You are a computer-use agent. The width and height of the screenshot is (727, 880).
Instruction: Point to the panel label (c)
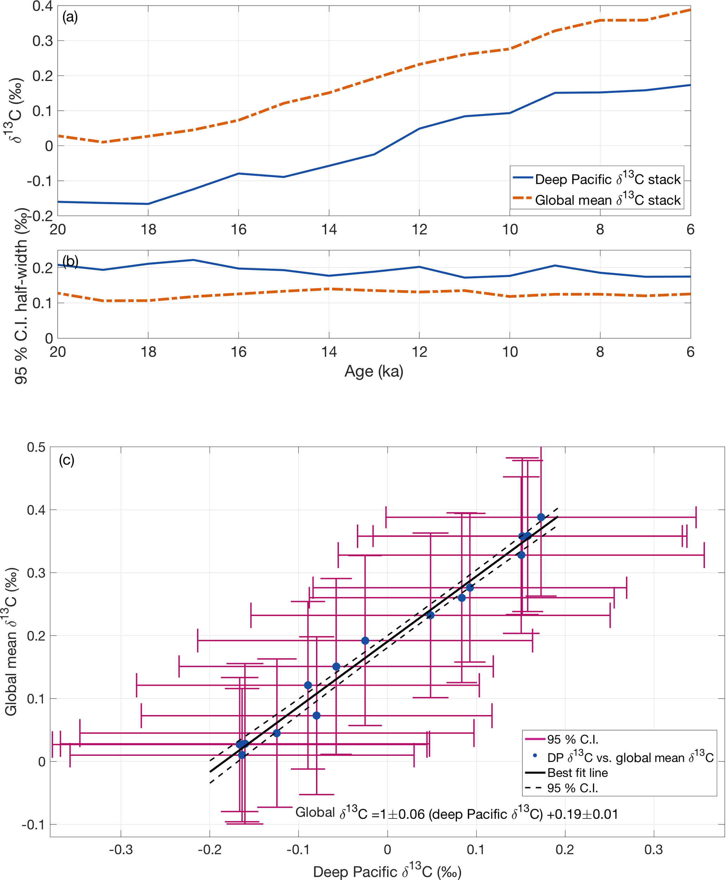66,460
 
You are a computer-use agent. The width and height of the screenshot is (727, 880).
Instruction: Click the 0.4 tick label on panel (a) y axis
42,7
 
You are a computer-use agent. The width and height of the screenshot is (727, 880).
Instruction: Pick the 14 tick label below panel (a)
329,230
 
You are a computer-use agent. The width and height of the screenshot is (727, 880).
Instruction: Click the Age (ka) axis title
374,371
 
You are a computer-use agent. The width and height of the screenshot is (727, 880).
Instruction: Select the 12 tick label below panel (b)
419,352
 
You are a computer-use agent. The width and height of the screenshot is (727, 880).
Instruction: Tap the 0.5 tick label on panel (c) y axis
36,447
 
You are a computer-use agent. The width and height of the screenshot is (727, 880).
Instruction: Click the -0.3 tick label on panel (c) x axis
121,849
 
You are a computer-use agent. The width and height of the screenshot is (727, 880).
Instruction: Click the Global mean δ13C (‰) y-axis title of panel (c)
11,641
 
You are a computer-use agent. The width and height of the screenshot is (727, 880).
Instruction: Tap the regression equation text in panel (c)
457,814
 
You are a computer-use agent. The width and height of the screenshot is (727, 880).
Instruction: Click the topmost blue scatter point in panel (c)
541,517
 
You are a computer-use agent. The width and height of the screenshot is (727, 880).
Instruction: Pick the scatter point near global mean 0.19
365,641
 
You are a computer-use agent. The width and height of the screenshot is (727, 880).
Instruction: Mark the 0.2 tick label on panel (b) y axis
42,268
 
